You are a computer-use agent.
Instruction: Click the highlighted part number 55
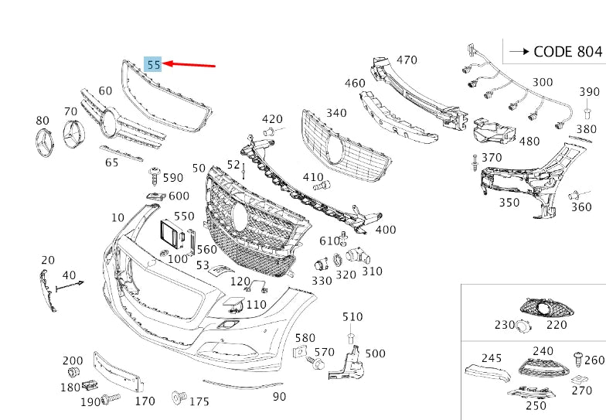click(154, 65)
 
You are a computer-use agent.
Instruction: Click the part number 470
click(407, 60)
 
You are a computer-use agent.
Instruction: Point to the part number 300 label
click(543, 82)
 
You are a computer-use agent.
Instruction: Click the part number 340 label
click(336, 113)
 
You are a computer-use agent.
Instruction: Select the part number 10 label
click(117, 217)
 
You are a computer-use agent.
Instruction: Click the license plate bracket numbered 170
click(117, 370)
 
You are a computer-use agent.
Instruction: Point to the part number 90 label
click(279, 397)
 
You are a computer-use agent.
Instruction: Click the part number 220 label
click(557, 324)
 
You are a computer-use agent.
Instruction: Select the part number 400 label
click(385, 230)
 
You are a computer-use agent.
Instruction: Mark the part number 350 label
click(509, 203)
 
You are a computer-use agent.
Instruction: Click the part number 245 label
click(492, 358)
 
